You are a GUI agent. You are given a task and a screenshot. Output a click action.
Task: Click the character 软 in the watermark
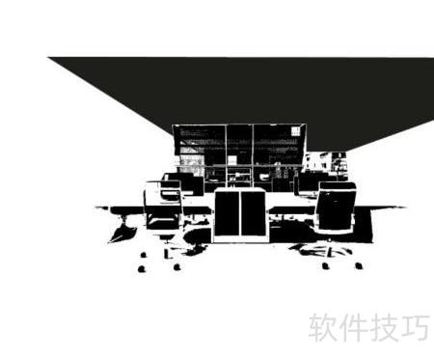click(x=323, y=327)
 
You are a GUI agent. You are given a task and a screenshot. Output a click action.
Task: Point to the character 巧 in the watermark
click(x=416, y=327)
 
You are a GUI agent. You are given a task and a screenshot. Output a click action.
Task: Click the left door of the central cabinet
click(x=227, y=213)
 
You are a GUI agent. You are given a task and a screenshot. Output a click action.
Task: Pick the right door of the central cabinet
click(x=253, y=213)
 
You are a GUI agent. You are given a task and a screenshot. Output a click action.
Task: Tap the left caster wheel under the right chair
click(x=326, y=265)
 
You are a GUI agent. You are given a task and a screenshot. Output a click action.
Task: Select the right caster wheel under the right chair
click(x=359, y=265)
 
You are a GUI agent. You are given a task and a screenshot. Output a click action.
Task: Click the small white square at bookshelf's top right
click(x=295, y=131)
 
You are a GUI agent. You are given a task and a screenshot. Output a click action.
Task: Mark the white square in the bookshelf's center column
click(x=232, y=159)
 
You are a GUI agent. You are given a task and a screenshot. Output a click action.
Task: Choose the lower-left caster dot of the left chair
click(x=141, y=268)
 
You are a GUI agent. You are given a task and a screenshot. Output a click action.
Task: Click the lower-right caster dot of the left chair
click(x=176, y=267)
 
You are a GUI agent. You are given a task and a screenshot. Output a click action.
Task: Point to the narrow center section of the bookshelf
click(x=239, y=154)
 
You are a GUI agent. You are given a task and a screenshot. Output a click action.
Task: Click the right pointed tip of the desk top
click(x=406, y=208)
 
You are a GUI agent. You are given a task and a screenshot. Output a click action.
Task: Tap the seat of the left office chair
click(x=163, y=224)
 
